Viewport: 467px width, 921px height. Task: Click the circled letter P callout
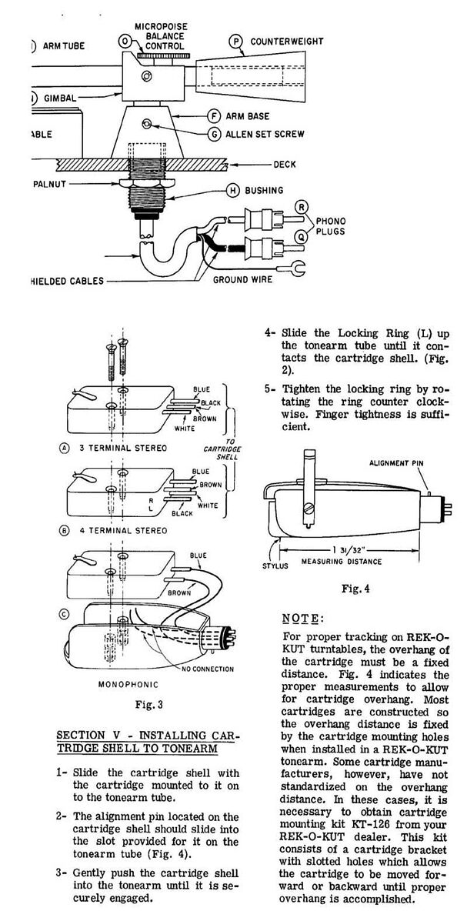235,40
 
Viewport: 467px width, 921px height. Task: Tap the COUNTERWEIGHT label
287,41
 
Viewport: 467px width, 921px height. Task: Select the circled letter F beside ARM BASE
215,117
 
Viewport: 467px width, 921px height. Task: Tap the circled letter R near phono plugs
302,206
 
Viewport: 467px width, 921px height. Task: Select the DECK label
285,164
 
